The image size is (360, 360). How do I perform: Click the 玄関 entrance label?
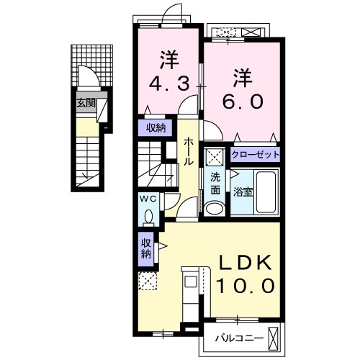click(x=86, y=103)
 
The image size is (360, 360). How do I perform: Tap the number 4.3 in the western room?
click(x=170, y=84)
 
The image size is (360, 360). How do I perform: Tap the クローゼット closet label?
click(x=255, y=155)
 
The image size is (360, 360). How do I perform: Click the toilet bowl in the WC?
click(x=148, y=215)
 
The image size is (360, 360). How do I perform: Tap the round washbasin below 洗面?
click(x=214, y=208)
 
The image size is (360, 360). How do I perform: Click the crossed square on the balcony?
click(x=274, y=336)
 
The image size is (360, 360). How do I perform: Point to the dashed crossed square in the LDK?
click(x=148, y=282)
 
